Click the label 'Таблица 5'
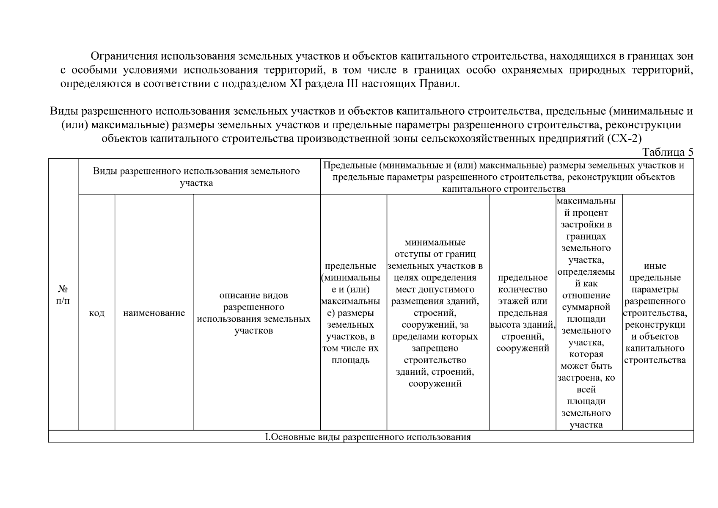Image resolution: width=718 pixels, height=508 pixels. click(x=668, y=152)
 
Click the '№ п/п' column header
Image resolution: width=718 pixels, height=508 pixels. click(x=63, y=295)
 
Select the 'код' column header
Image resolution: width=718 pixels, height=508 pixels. click(x=96, y=313)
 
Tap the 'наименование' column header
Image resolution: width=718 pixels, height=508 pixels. click(x=154, y=313)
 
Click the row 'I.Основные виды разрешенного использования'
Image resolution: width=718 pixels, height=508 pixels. click(x=368, y=437)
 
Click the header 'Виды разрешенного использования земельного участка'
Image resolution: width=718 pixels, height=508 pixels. click(x=196, y=177)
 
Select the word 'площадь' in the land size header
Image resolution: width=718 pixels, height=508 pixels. click(x=350, y=360)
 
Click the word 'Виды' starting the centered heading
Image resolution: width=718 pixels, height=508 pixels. click(x=63, y=111)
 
